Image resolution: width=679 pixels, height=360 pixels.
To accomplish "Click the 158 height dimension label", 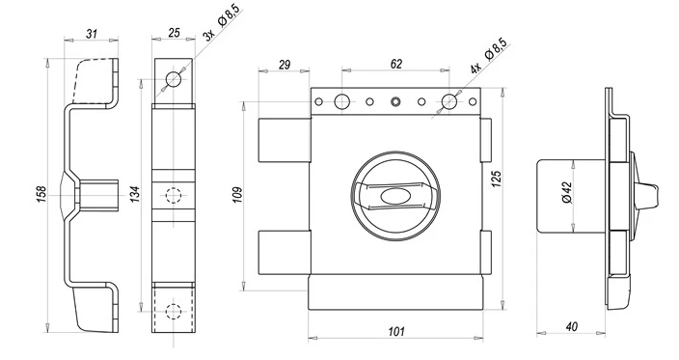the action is [41, 195].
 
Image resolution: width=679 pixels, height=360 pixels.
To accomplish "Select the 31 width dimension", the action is [92, 34].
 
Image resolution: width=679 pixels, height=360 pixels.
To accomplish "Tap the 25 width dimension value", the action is [174, 33].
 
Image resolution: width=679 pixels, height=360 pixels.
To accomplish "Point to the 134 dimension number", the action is [135, 195].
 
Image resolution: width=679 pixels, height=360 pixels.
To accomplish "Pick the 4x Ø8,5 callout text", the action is [488, 56].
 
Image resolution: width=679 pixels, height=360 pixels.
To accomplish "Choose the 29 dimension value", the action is [285, 65].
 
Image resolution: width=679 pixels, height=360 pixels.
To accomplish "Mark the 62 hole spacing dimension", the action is [396, 64].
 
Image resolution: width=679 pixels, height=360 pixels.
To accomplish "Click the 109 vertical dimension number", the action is [237, 195].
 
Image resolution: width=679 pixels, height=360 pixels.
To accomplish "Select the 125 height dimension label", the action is [497, 179].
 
